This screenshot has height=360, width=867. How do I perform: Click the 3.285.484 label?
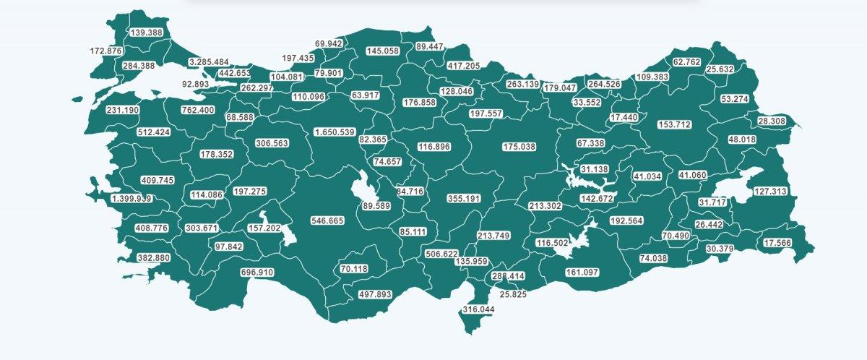coord(208,62)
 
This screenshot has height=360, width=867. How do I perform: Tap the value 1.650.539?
coord(334,132)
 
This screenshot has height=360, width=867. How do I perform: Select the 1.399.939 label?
coord(132,198)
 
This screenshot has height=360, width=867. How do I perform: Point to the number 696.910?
coord(257,273)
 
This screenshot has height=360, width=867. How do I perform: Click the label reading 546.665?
coord(327,220)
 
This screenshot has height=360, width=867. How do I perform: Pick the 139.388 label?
coord(146,33)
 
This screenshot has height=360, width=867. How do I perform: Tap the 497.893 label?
coord(374,294)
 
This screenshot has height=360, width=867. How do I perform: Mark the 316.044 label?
coord(478,309)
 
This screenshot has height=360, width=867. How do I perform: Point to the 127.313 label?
coord(770,192)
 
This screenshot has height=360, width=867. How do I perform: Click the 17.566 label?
coord(777,243)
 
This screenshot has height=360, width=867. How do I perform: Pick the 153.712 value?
coord(674,125)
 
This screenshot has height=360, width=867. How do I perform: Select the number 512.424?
coord(153,132)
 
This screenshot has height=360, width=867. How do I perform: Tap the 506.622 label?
coord(442,254)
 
